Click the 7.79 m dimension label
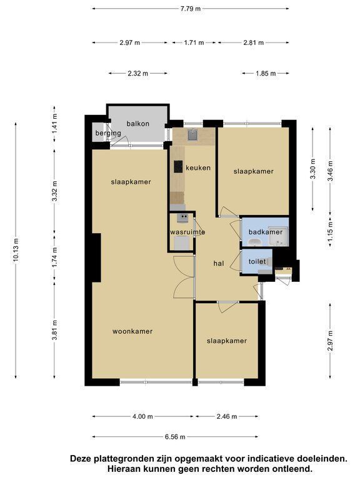click(x=191, y=9)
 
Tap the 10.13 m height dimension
click(x=16, y=249)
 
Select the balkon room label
click(x=138, y=124)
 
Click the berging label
click(x=108, y=133)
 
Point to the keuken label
click(x=198, y=167)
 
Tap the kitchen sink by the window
click(x=193, y=134)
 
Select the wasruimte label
click(x=187, y=232)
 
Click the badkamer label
click(x=266, y=232)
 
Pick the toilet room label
click(x=257, y=261)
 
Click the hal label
click(x=219, y=263)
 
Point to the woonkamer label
click(x=132, y=331)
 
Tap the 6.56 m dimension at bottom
click(x=175, y=437)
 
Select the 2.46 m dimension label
click(x=227, y=416)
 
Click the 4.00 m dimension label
click(x=142, y=416)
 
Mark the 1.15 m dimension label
click(x=330, y=231)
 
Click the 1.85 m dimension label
click(x=266, y=74)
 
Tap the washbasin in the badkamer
click(x=254, y=242)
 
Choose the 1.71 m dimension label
click(x=194, y=42)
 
